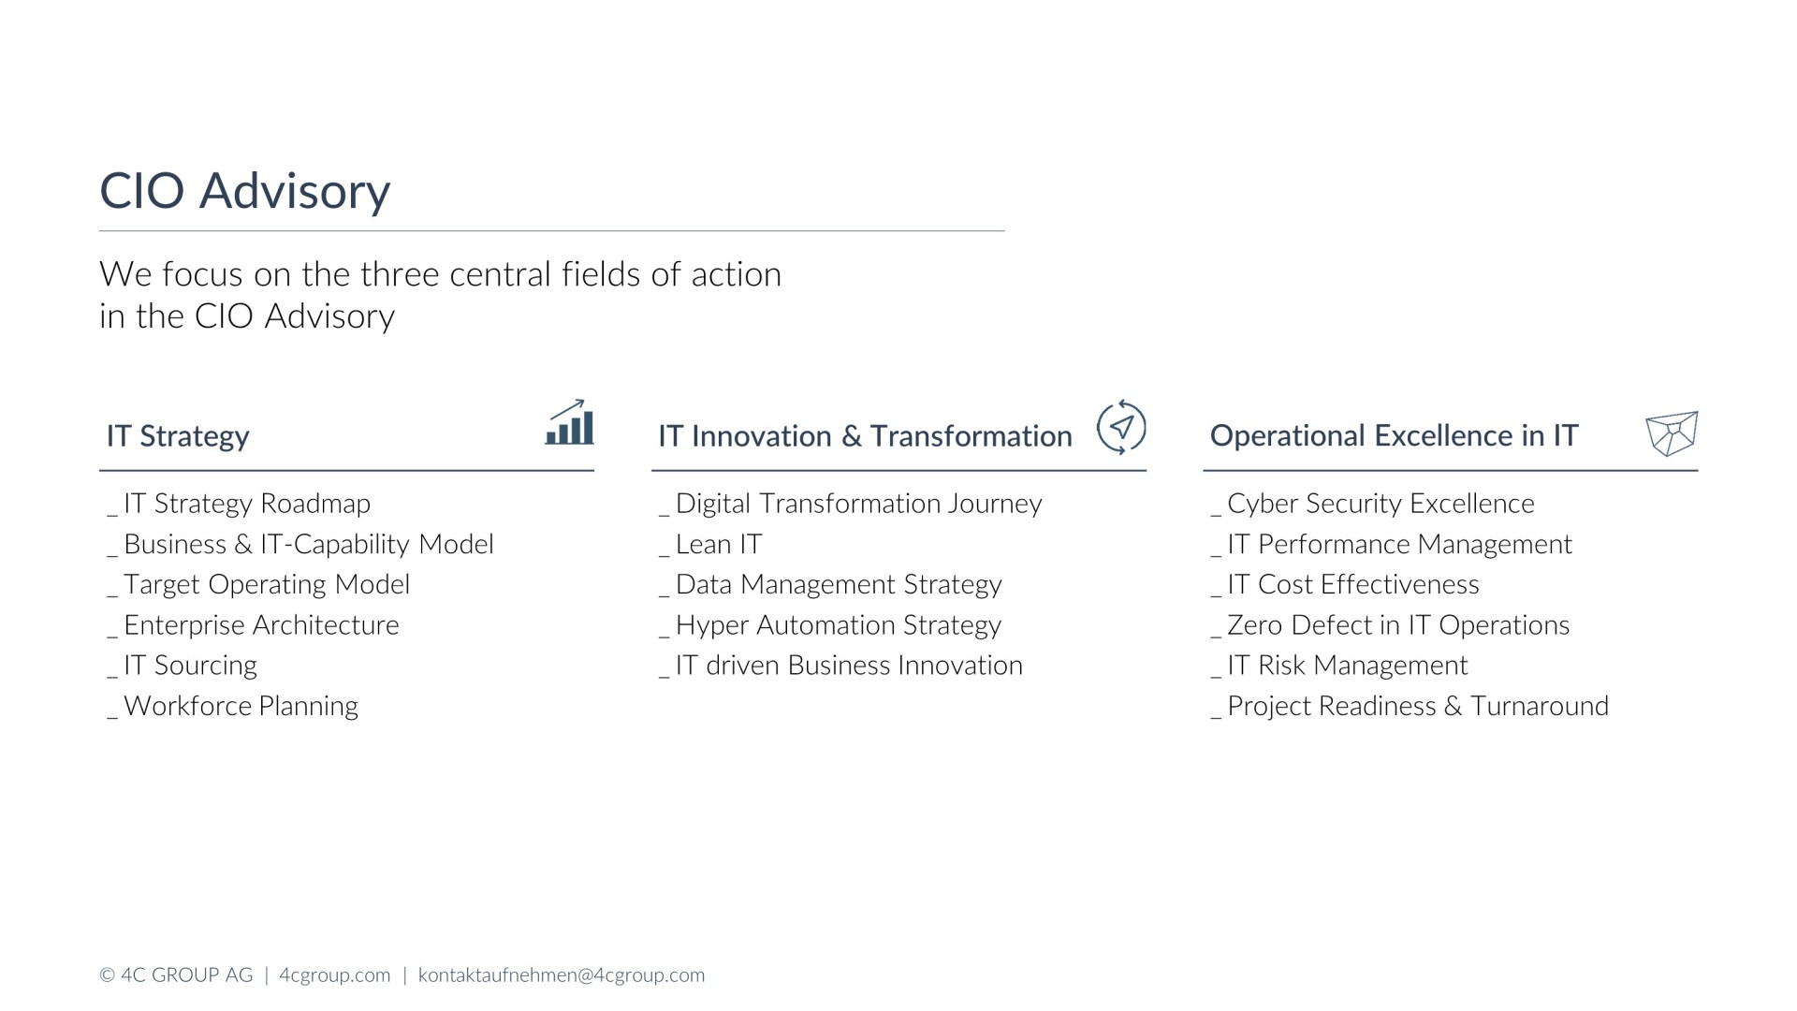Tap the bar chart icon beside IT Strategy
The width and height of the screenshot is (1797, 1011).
(569, 422)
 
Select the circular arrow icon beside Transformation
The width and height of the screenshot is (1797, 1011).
(1120, 427)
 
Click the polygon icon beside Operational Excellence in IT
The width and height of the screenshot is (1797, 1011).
(1672, 433)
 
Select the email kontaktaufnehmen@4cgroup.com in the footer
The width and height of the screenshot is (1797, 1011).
(562, 975)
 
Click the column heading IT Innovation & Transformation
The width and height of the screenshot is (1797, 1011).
(865, 435)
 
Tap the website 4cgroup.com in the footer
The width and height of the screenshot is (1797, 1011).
(334, 975)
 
